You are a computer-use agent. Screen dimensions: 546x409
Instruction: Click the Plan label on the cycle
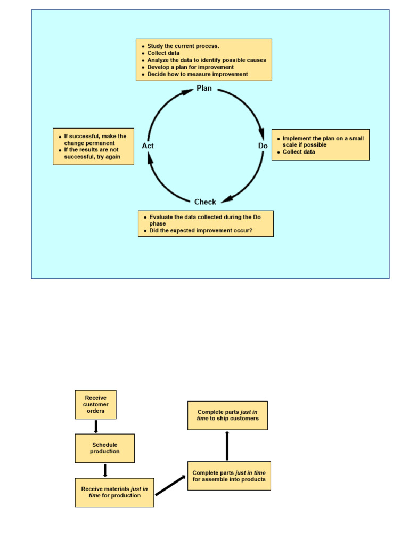204,88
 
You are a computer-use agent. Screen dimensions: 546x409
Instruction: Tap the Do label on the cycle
263,146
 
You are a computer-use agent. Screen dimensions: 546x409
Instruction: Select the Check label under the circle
205,202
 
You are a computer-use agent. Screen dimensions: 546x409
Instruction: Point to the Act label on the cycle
148,146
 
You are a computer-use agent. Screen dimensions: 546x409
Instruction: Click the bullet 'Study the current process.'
183,46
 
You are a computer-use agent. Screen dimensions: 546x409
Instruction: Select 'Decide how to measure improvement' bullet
197,74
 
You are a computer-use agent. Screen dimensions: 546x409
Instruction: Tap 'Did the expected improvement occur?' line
201,231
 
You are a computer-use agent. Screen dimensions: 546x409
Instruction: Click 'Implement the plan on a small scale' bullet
323,141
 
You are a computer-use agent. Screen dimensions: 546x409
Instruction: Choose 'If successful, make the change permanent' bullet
95,140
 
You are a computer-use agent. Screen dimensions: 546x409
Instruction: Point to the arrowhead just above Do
261,133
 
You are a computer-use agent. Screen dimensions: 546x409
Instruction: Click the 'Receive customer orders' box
95,404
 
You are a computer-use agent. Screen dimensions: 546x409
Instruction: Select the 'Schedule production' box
104,448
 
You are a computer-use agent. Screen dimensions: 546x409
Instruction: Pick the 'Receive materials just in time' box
114,492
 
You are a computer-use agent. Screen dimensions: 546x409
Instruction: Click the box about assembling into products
229,476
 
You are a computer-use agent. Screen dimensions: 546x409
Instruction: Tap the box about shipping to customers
227,415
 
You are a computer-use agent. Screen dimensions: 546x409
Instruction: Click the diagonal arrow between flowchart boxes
170,485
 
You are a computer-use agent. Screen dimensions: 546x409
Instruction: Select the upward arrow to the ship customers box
227,446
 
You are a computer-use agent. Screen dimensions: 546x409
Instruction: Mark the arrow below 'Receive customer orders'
96,427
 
